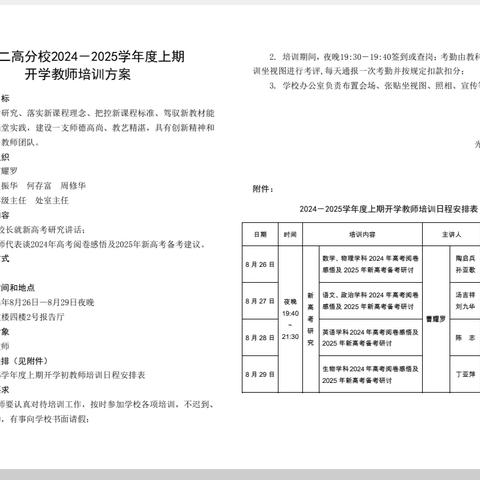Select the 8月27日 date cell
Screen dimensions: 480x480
[x=260, y=300]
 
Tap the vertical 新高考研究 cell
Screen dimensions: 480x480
[x=311, y=318]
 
